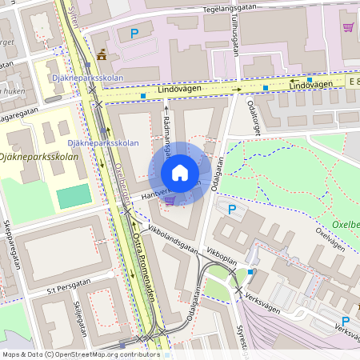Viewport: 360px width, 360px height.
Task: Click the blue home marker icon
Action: pos(179,173)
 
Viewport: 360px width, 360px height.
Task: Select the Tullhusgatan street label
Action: pos(238,35)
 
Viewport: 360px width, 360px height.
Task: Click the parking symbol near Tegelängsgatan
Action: pos(134,34)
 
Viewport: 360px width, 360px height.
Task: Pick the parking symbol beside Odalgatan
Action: pos(232,210)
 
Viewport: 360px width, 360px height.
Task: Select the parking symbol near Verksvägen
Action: pos(324,321)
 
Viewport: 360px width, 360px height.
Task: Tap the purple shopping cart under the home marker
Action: pos(169,200)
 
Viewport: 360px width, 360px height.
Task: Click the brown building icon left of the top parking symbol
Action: pos(101,55)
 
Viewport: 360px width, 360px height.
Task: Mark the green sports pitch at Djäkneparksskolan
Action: pos(74,196)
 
